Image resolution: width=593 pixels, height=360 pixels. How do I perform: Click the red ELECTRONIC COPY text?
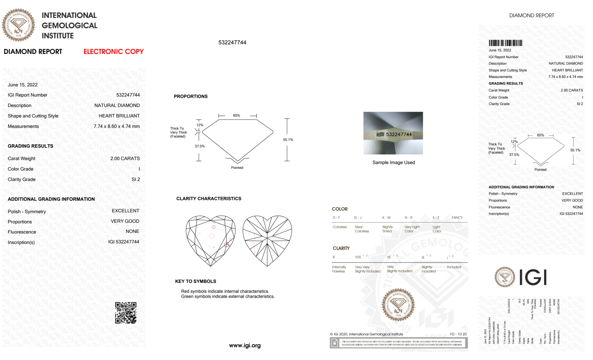(x=114, y=52)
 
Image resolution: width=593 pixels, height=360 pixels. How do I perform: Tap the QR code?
(x=126, y=313)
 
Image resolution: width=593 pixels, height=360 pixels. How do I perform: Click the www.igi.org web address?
(x=245, y=345)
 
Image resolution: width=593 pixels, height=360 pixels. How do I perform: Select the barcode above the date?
(x=505, y=43)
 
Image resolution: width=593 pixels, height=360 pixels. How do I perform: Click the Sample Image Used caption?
(x=394, y=162)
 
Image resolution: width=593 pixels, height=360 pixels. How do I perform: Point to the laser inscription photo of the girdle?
(x=393, y=133)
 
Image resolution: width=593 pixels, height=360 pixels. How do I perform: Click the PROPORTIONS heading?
(x=191, y=96)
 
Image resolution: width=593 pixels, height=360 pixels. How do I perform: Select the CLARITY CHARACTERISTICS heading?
(x=209, y=199)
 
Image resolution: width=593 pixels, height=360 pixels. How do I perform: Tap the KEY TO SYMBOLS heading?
(x=196, y=281)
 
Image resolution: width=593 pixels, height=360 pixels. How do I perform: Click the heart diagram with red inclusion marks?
(x=211, y=241)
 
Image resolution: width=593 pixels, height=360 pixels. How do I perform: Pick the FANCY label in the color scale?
(x=457, y=217)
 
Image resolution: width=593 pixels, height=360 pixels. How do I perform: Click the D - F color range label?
(x=336, y=217)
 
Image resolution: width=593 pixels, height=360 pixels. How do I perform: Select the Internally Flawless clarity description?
(x=339, y=269)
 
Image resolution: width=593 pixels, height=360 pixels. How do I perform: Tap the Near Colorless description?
(x=362, y=229)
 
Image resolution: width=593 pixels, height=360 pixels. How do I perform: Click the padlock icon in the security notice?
(x=335, y=343)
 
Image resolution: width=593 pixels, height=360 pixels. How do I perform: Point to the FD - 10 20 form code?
(x=458, y=334)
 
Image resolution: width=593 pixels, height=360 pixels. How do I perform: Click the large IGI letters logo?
(x=533, y=277)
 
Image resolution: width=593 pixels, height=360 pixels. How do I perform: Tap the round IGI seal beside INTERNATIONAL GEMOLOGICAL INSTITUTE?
(x=18, y=25)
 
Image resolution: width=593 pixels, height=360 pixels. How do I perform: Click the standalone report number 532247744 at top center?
(x=232, y=42)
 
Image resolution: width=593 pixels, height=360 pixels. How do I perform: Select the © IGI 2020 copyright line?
(x=367, y=334)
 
